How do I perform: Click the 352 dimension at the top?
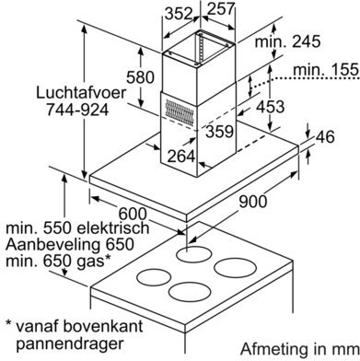click(x=179, y=14)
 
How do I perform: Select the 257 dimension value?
click(x=221, y=9)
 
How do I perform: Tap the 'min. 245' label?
click(x=288, y=41)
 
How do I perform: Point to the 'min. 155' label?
click(x=326, y=70)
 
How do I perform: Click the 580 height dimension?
click(x=140, y=77)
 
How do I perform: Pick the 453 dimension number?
click(x=271, y=107)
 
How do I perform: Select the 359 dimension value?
click(x=220, y=132)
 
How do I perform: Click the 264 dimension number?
click(x=181, y=157)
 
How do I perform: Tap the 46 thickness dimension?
click(x=325, y=137)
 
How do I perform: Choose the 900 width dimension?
click(x=253, y=202)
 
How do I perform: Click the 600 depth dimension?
click(x=133, y=214)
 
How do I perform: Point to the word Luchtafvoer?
click(x=81, y=92)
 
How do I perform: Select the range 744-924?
click(x=77, y=110)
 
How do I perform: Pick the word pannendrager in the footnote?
click(x=70, y=344)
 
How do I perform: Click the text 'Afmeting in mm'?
click(x=300, y=349)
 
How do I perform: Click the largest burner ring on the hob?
click(x=235, y=268)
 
